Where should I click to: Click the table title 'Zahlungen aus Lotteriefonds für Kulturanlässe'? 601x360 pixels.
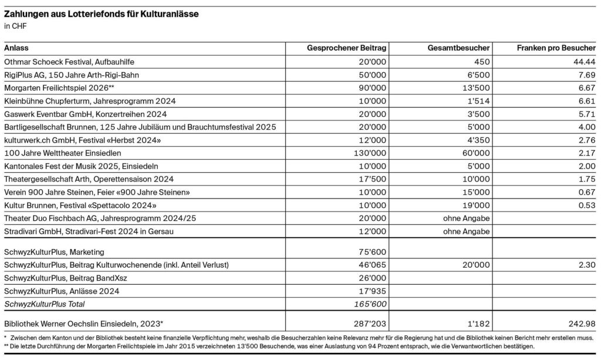(101, 14)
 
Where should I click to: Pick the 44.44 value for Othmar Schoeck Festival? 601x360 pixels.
(585, 61)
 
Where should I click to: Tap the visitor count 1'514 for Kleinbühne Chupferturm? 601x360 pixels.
(479, 100)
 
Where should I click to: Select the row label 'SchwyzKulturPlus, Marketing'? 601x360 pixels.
(54, 252)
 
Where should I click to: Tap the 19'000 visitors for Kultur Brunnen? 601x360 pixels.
(477, 205)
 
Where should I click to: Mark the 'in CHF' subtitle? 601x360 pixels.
(15, 26)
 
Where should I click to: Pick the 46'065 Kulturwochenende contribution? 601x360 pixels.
(373, 265)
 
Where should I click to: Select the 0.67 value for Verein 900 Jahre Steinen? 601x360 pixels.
(587, 192)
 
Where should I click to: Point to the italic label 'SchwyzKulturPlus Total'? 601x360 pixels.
(44, 304)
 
